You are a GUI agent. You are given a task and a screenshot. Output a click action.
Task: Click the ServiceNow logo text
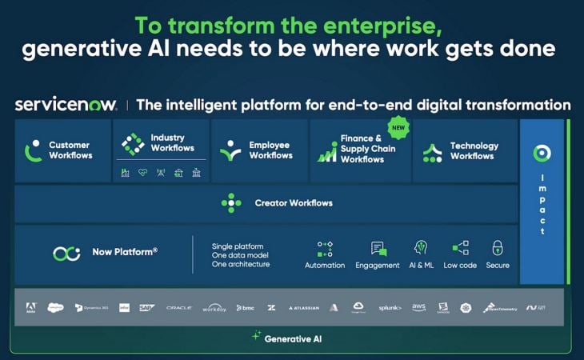(66, 105)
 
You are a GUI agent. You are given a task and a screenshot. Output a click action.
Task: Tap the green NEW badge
(398, 126)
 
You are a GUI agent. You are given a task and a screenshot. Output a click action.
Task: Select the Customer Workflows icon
(33, 150)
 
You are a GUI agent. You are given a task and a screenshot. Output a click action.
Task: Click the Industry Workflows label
(172, 143)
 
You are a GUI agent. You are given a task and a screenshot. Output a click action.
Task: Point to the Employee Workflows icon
(230, 150)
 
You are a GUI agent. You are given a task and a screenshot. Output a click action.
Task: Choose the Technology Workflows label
(474, 151)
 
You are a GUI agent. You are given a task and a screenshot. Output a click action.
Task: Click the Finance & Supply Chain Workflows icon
(326, 151)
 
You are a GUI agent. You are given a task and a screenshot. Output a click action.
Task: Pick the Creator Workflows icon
(231, 203)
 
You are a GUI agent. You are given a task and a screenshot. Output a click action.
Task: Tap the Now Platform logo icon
(66, 253)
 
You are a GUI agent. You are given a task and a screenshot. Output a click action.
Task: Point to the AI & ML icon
(421, 248)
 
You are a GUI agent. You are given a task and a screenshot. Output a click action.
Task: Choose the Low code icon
(460, 248)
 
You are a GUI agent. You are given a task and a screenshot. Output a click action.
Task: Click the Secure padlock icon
(497, 248)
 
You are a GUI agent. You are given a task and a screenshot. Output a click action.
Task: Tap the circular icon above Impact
(542, 154)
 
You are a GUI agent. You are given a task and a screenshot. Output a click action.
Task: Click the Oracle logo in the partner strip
(178, 307)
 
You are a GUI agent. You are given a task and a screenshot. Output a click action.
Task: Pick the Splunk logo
(390, 307)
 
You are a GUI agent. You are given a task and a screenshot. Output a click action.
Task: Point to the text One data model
(241, 255)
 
